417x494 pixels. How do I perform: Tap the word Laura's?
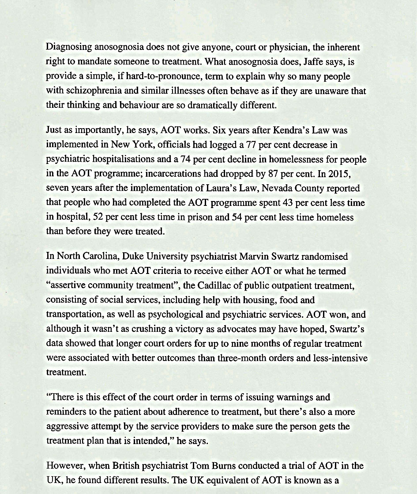tap(223, 189)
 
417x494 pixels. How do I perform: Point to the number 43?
tap(288, 203)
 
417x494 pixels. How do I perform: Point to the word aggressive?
tap(65, 426)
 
